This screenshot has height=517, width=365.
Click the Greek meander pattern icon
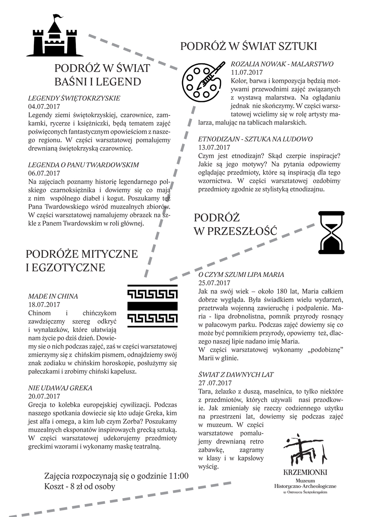click(152, 305)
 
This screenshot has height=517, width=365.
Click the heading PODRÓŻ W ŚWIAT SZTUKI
click(248, 46)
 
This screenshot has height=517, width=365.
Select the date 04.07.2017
click(44, 107)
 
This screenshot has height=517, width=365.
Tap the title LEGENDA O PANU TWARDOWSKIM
click(84, 165)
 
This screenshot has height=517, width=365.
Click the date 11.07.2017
click(247, 72)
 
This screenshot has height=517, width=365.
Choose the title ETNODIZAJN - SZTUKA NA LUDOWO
click(255, 139)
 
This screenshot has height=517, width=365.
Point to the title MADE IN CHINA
click(53, 296)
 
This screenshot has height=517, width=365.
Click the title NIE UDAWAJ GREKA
click(60, 388)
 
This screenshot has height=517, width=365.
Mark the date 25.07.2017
click(214, 283)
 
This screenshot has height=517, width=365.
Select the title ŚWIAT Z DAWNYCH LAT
click(236, 375)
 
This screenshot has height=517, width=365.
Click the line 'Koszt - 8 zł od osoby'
click(80, 486)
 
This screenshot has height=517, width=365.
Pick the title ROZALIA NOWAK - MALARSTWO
click(282, 64)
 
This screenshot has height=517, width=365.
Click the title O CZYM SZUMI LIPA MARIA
click(241, 275)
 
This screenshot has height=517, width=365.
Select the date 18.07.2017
click(44, 305)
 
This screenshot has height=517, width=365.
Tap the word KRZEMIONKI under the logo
click(305, 473)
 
